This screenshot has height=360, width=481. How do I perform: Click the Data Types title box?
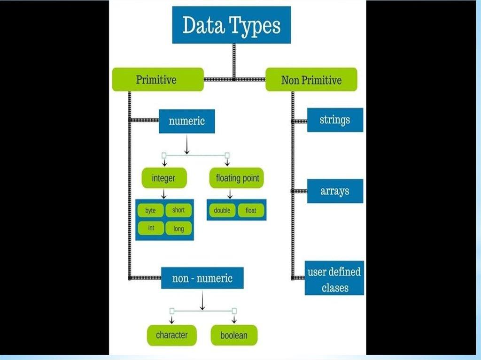[x=231, y=25]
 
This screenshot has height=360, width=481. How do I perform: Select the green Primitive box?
[x=157, y=79]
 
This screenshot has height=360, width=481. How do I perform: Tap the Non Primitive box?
[x=311, y=80]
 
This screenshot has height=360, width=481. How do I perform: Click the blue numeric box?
[x=187, y=121]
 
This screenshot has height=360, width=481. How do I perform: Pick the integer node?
[x=164, y=178]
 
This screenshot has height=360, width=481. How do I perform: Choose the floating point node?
[x=237, y=178]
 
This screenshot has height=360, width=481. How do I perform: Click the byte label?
[x=150, y=211]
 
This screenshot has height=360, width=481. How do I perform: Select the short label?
[x=178, y=210]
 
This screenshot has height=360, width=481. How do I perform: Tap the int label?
[x=151, y=228]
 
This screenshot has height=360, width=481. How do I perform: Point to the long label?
[x=178, y=229]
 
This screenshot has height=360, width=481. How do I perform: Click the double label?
[x=222, y=210]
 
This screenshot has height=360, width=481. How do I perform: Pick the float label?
[x=251, y=210]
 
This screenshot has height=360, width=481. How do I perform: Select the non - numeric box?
[x=202, y=278]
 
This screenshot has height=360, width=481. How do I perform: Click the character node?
[x=171, y=335]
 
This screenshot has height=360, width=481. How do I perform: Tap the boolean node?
[x=233, y=336]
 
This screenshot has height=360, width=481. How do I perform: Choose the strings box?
[x=335, y=120]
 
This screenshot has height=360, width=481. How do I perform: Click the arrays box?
[x=335, y=191]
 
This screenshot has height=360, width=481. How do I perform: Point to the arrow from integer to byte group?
[x=164, y=193]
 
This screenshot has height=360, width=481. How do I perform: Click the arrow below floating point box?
[x=230, y=193]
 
